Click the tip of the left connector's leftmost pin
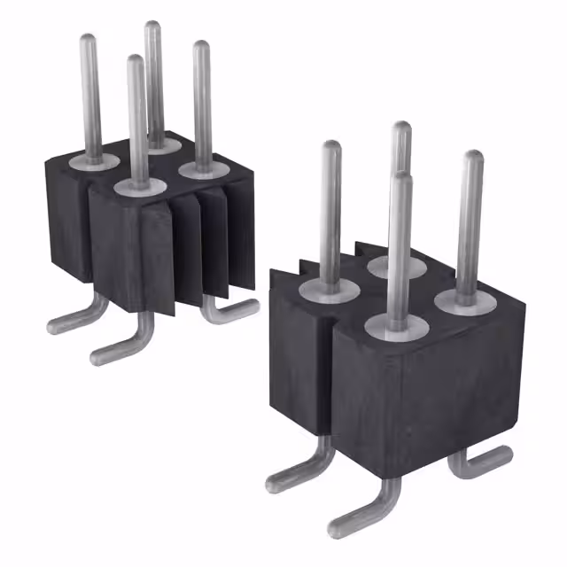coord(88,40)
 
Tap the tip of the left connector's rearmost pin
coord(153,27)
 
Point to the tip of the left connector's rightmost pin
coord(201,47)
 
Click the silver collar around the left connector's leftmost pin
coord(96,160)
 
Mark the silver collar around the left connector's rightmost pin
coord(203,166)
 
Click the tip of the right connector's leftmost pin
coord(331,147)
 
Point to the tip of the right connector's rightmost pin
coord(474,157)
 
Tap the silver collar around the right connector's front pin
coord(396,325)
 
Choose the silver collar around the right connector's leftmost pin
coord(329,289)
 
